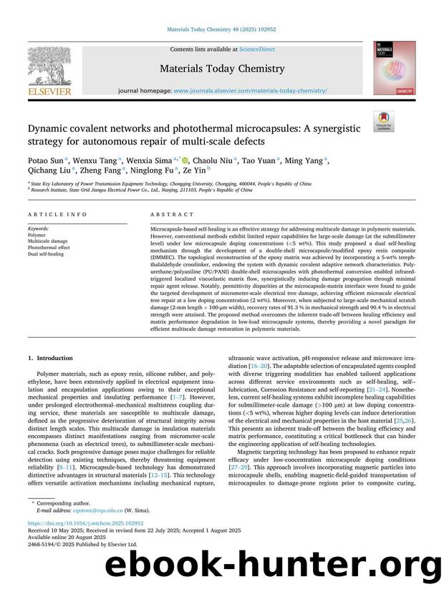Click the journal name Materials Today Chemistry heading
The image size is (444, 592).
pos(221,69)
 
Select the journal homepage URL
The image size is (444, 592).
pos(250,92)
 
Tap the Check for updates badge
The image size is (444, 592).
pos(384,122)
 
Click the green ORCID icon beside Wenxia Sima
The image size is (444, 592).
pos(186,162)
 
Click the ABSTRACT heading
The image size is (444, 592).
pos(172,214)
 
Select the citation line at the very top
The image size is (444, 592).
pos(221,30)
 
